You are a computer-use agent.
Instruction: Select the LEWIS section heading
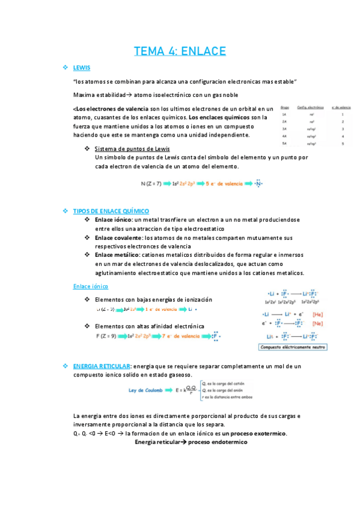tap(81, 67)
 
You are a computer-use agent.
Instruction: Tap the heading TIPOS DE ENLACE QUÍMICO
tap(111, 211)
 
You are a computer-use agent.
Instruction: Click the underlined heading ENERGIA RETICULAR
tap(101, 366)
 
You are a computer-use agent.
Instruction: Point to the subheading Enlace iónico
tap(90, 286)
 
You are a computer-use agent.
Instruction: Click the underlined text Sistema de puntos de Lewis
tap(132, 149)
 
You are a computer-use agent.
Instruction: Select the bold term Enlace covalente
tap(119, 238)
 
